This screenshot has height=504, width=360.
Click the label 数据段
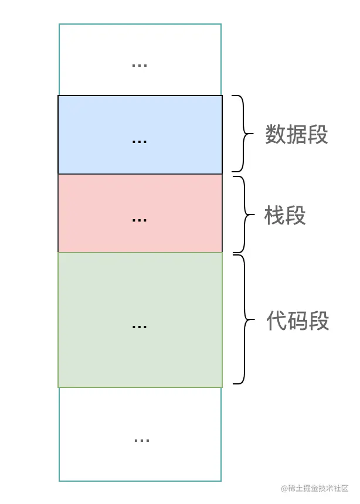pos(296,135)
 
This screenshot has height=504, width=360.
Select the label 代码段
pos(298,321)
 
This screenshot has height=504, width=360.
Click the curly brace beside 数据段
pos(242,134)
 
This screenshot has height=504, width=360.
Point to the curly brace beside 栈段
pos(243,214)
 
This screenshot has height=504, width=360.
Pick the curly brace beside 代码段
pos(243,319)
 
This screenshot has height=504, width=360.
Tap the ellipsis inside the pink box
pos(140,220)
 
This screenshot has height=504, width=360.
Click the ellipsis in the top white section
pos(140,65)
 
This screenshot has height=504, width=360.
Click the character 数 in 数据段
pos(276,135)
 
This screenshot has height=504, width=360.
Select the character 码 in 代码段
pos(298,321)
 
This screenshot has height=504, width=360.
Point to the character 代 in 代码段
pos(277,321)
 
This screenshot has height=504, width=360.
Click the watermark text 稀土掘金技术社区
pos(320,488)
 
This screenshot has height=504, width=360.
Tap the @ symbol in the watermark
pos(284,488)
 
